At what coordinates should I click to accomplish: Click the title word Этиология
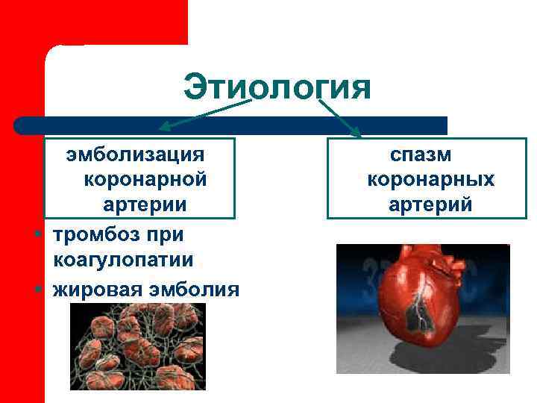click(x=277, y=87)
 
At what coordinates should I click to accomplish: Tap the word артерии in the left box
click(x=145, y=204)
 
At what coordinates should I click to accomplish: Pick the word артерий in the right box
click(x=430, y=204)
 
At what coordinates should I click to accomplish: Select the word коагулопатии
click(x=123, y=260)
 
